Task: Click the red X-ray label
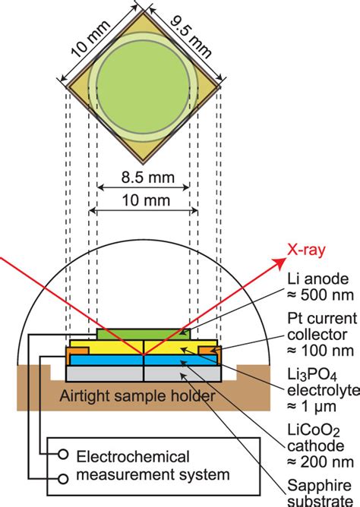click(x=306, y=250)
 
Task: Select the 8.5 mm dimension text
click(x=148, y=178)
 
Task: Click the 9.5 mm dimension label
click(x=191, y=37)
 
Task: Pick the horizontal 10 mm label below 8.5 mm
click(x=146, y=201)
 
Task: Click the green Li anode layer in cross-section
click(x=144, y=335)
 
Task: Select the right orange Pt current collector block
click(x=210, y=351)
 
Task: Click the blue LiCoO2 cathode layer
click(x=144, y=360)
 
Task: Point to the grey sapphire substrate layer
click(x=144, y=373)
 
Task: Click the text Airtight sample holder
click(x=137, y=395)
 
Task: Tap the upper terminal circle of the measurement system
click(x=63, y=455)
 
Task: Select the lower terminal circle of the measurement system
click(x=63, y=479)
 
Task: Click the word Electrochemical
click(x=133, y=457)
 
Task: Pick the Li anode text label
click(x=318, y=279)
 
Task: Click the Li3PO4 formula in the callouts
click(x=312, y=376)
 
